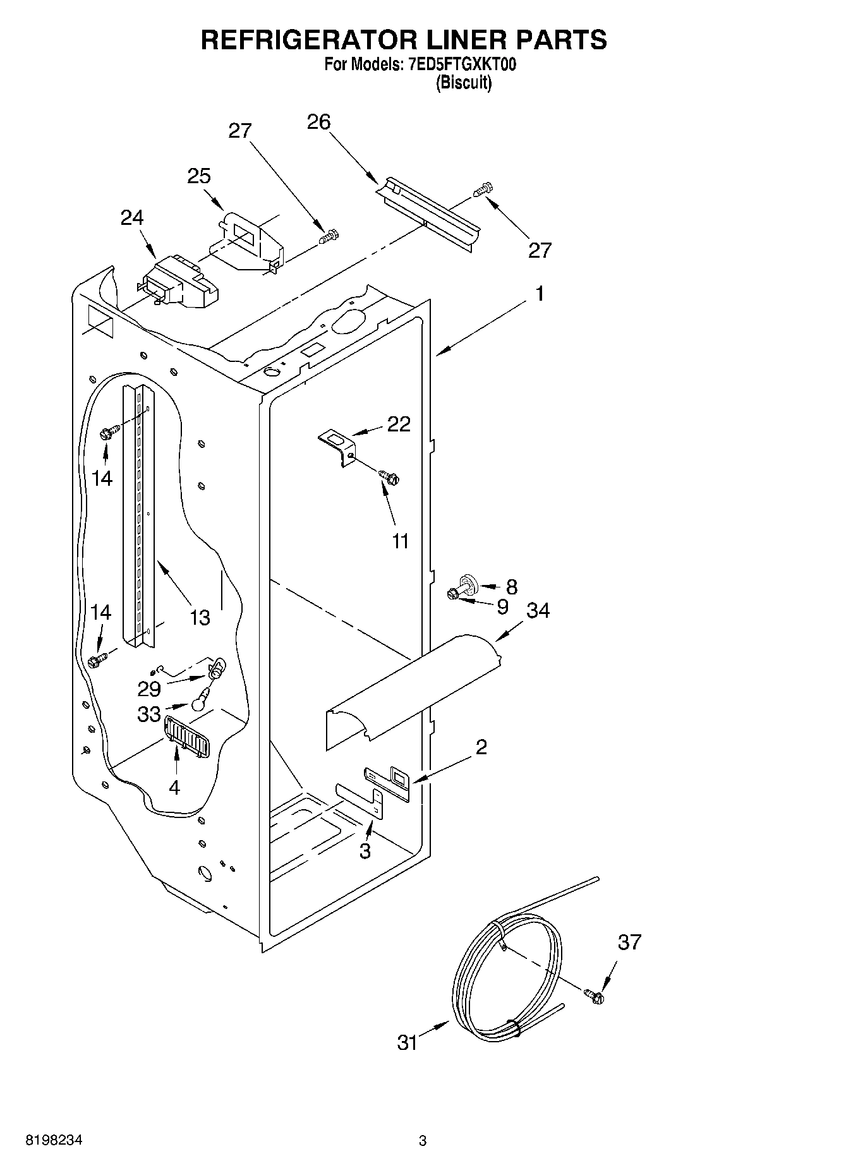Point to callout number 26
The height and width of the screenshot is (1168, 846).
pos(318,121)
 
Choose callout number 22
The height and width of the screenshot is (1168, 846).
pos(399,424)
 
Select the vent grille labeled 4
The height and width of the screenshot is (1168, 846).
pos(186,736)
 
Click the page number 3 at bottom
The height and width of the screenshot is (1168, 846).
pos(423,1140)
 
